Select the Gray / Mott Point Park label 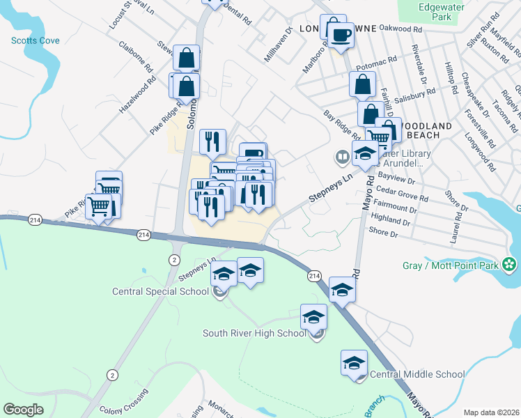coord(451,265)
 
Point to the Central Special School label coord(160,291)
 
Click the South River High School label coord(254,333)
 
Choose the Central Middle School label coord(417,375)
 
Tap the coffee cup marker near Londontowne coord(341,34)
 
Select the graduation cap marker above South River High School coord(313,318)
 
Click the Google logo coord(24,410)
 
